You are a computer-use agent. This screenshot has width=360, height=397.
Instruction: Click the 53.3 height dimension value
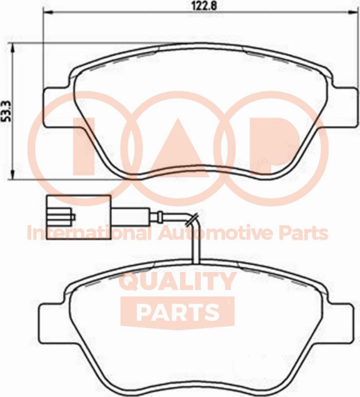pos(8,111)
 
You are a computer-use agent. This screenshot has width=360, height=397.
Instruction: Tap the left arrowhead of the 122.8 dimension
pos(48,12)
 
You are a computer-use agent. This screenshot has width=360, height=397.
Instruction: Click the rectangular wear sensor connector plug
pos(79,217)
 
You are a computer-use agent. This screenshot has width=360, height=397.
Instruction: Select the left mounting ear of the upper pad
pos(56,107)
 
